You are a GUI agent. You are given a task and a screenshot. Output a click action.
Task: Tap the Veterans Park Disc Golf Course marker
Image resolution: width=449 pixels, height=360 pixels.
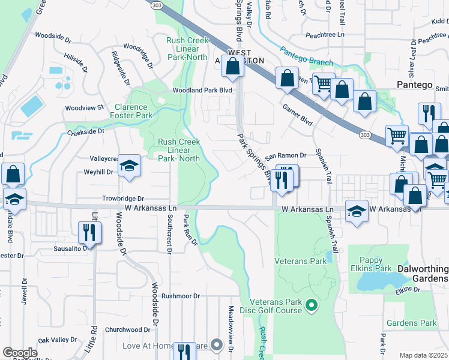tap(311, 306)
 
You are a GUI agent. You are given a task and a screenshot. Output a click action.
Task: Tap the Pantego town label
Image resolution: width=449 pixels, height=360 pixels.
tap(414, 85)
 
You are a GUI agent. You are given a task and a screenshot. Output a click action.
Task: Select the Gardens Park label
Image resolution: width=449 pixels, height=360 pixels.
tap(412, 323)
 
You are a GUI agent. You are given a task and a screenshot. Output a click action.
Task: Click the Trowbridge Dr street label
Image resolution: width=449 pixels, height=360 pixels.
tap(124, 199)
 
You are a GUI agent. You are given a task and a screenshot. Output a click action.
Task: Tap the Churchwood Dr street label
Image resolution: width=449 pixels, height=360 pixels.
tap(127, 329)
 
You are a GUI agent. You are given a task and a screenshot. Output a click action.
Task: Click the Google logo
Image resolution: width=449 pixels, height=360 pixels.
tap(20, 353)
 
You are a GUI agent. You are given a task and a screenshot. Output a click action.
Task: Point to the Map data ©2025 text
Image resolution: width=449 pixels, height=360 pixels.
tap(424, 355)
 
